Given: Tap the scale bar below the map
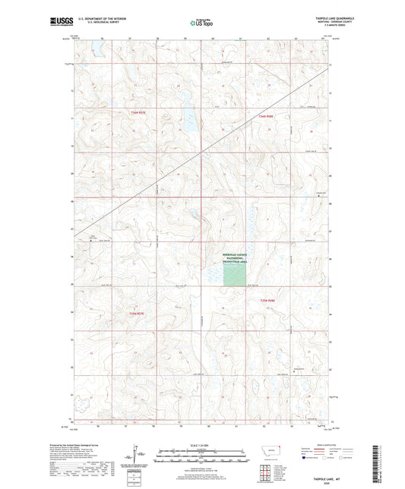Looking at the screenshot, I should (x=201, y=453).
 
